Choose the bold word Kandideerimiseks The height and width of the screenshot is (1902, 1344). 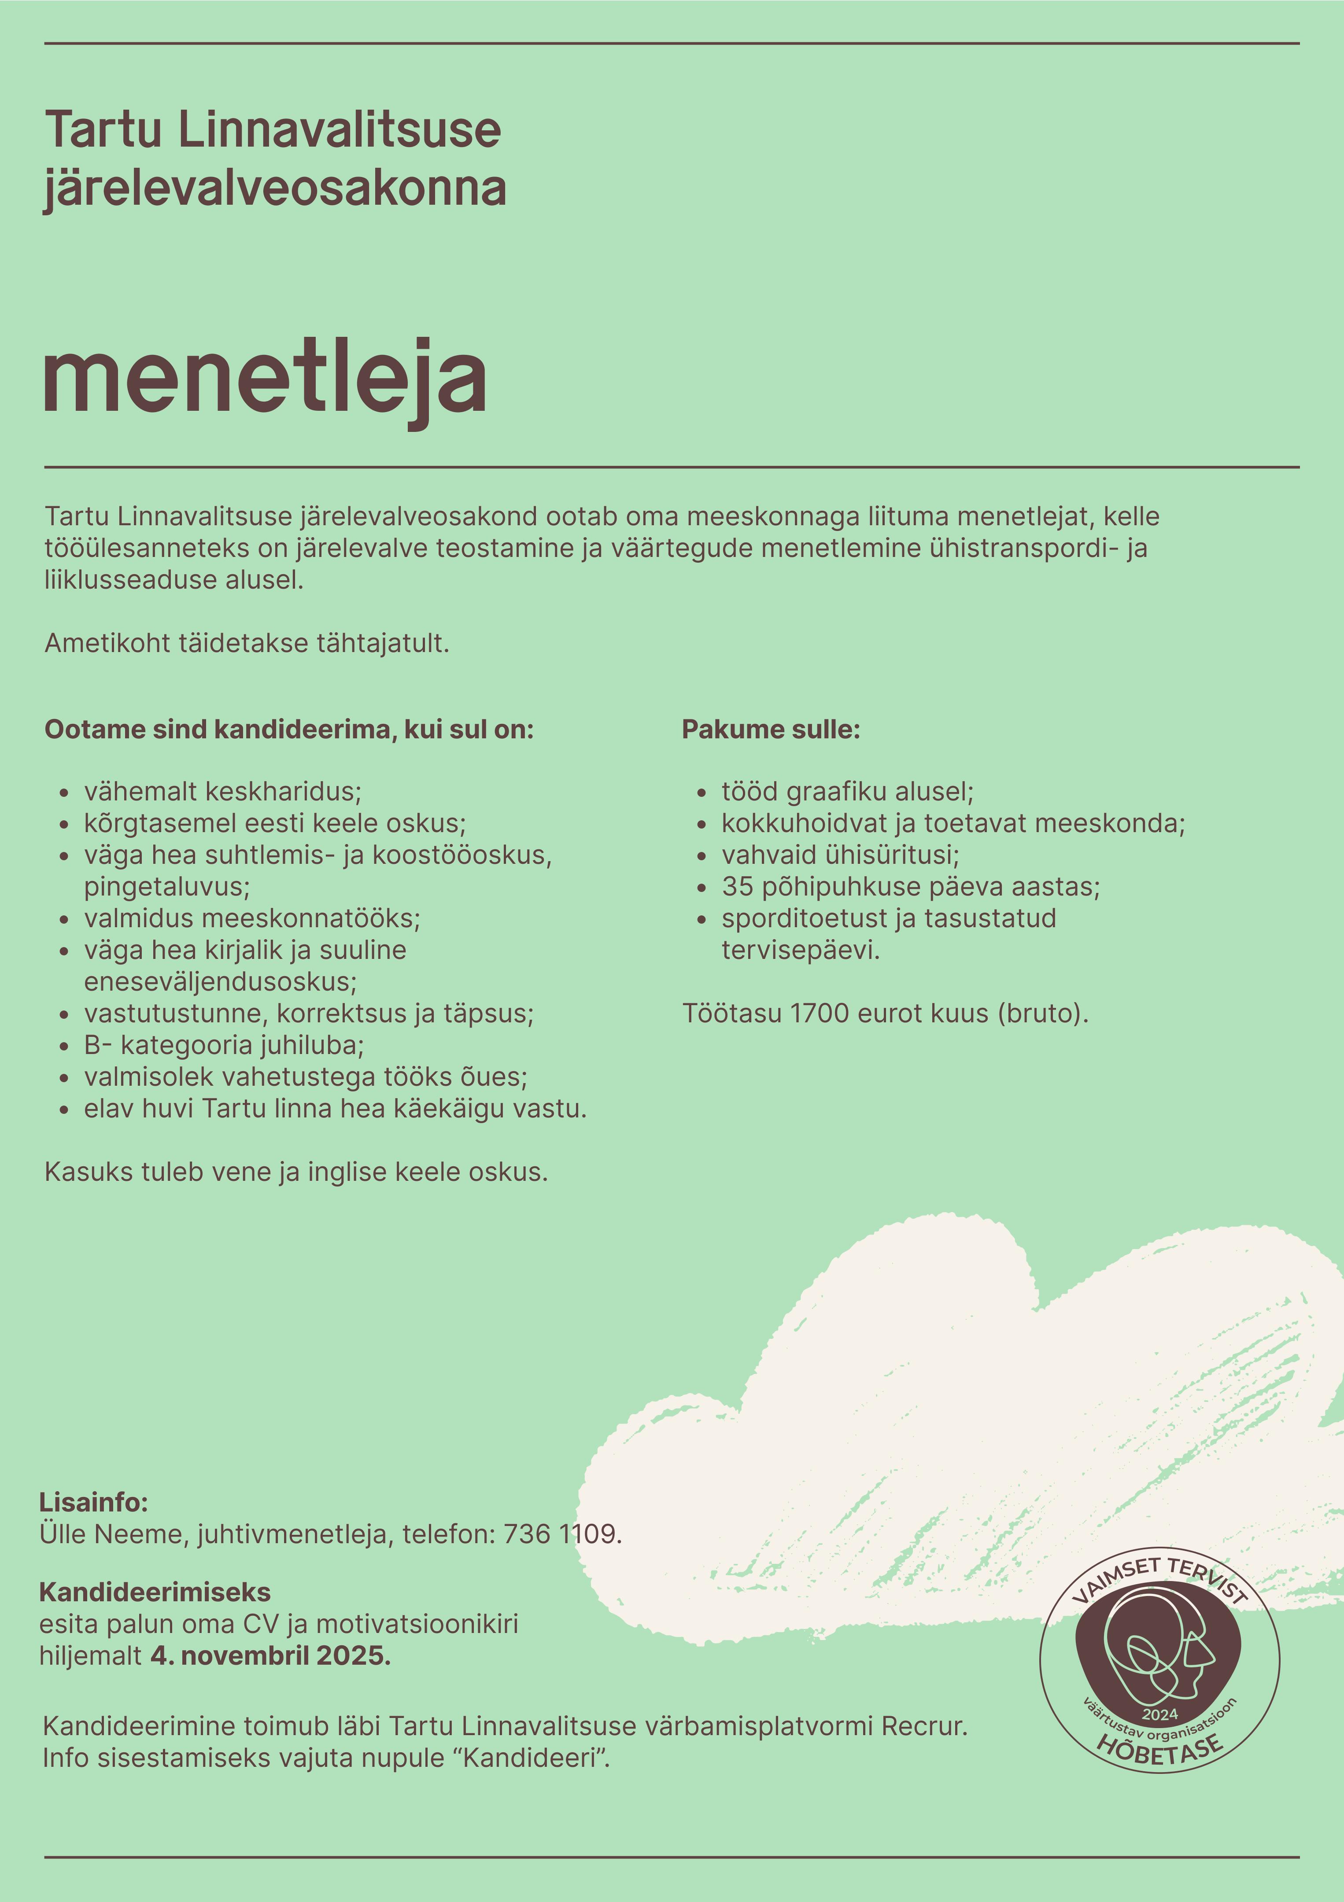[155, 1592]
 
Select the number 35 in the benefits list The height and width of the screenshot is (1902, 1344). [737, 886]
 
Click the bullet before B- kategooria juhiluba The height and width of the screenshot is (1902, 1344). [64, 1046]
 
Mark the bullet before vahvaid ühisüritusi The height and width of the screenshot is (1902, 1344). [702, 856]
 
